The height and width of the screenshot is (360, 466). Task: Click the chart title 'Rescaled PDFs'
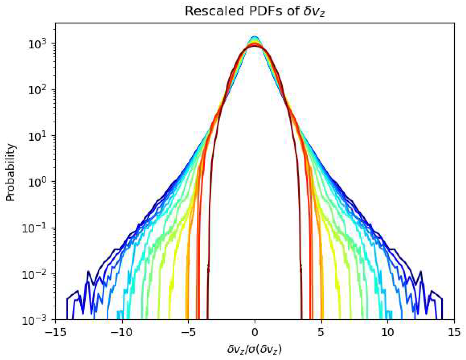[255, 11]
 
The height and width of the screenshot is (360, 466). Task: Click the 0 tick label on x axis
[255, 332]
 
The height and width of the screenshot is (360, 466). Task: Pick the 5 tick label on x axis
[321, 332]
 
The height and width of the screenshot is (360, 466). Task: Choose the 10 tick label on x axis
[387, 332]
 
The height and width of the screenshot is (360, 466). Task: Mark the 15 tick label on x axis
[454, 332]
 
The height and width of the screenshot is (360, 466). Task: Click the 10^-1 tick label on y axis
[35, 228]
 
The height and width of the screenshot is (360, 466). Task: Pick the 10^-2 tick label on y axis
[35, 274]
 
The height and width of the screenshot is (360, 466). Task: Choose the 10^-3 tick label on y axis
[35, 320]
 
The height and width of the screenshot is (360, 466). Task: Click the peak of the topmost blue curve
[255, 36]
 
